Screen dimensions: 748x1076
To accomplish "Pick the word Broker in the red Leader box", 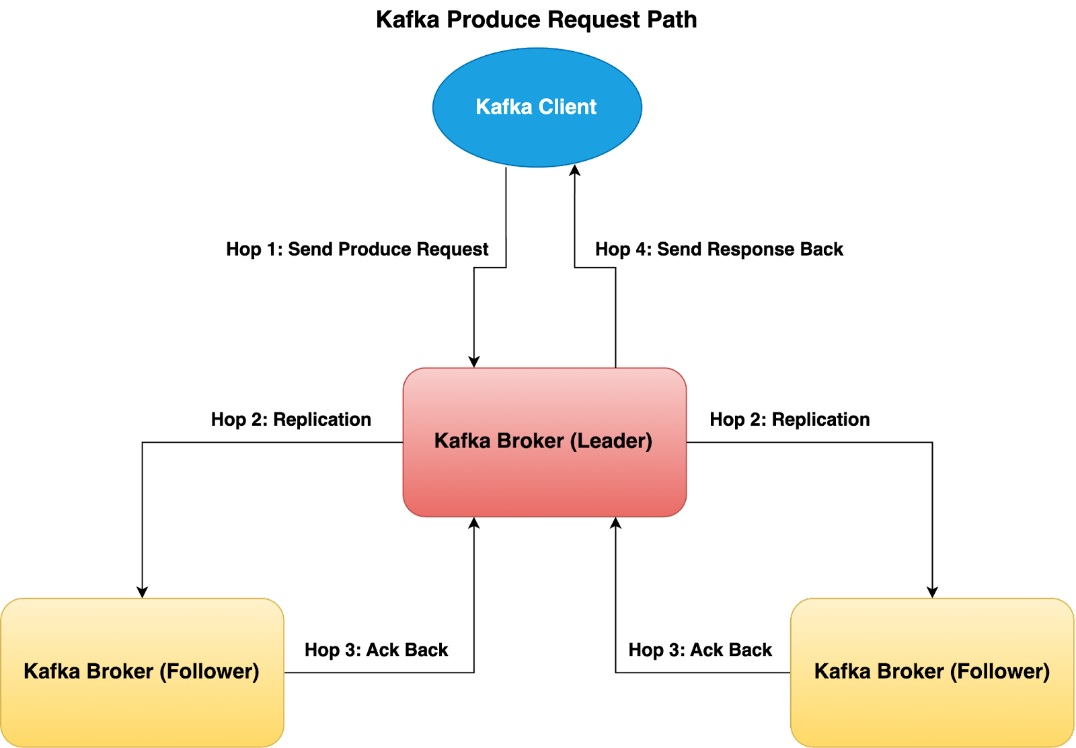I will (x=531, y=441).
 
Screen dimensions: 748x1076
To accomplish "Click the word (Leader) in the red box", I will (x=611, y=441).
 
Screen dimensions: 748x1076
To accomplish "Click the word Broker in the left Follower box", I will (x=120, y=671).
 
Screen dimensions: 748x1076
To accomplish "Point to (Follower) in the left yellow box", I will (x=209, y=671).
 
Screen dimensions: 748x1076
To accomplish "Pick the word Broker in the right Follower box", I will (x=911, y=671).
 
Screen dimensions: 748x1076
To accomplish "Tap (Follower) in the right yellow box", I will (x=1000, y=671).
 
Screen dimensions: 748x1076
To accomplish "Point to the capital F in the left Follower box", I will (x=172, y=671).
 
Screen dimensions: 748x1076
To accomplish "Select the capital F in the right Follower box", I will (x=963, y=671).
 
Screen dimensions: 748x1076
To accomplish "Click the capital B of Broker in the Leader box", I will (x=504, y=441).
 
